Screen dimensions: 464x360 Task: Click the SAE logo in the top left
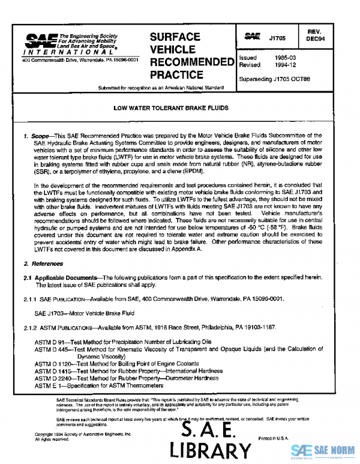[x=40, y=41]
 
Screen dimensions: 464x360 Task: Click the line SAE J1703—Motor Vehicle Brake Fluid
[x=84, y=313]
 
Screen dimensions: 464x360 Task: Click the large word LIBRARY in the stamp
[x=210, y=450]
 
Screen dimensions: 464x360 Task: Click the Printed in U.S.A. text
[x=274, y=438]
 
